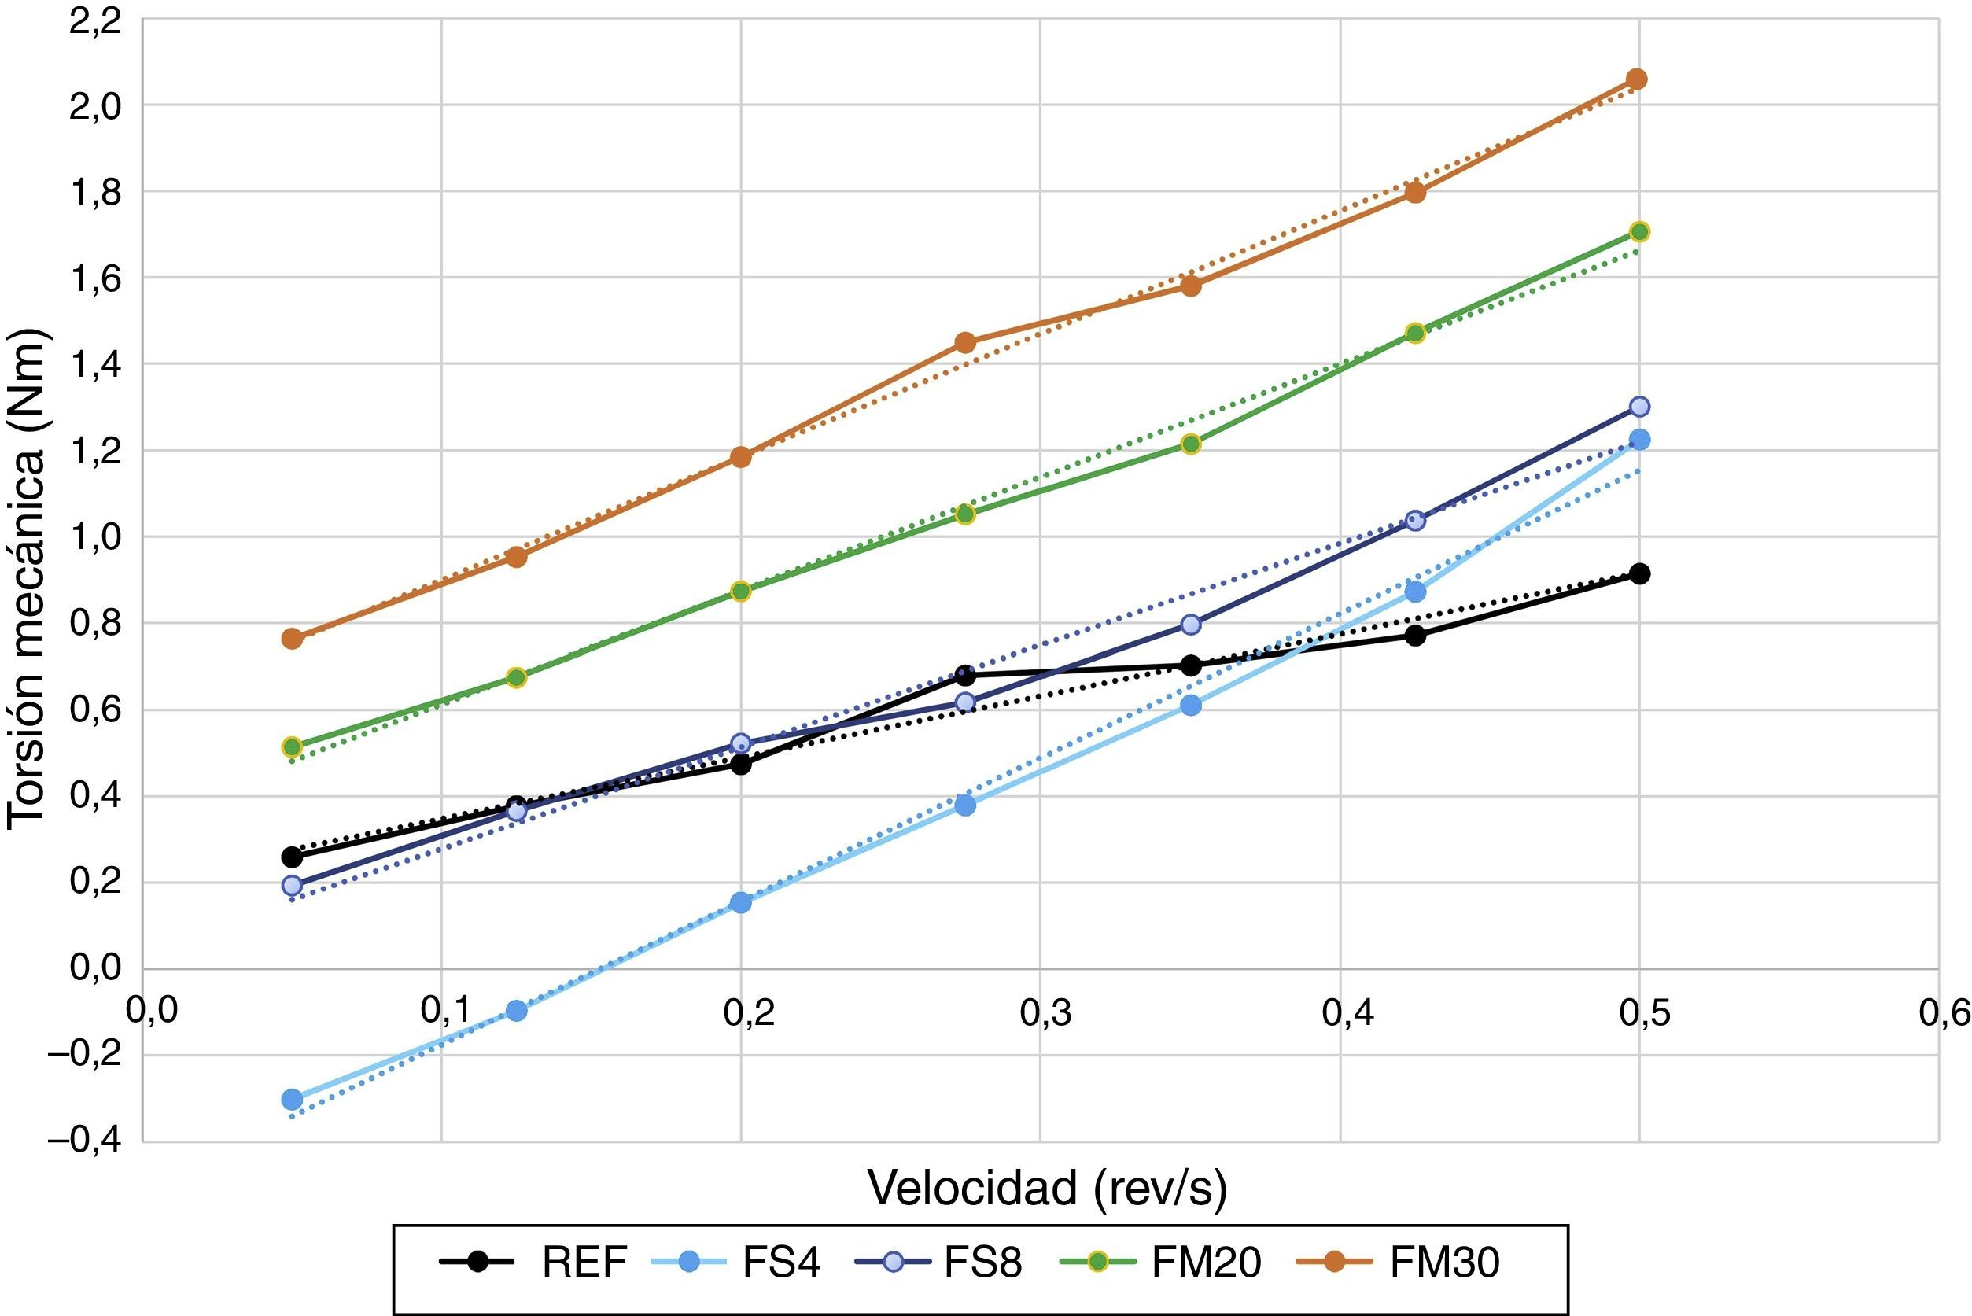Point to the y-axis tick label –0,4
pos(84,1141)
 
